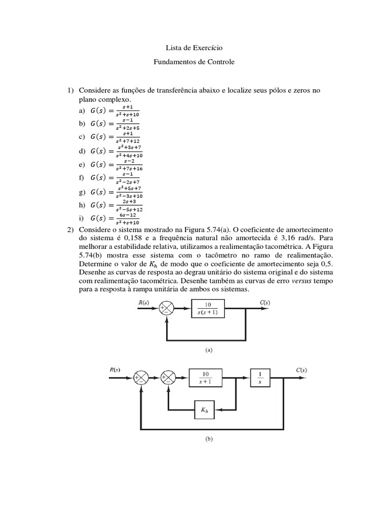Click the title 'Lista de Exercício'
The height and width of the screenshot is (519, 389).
(194, 48)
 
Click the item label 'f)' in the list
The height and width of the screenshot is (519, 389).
(81, 178)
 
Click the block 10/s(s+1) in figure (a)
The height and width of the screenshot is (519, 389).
(212, 308)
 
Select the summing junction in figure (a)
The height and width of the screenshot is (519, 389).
(167, 308)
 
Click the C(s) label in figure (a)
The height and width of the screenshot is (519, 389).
(263, 303)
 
